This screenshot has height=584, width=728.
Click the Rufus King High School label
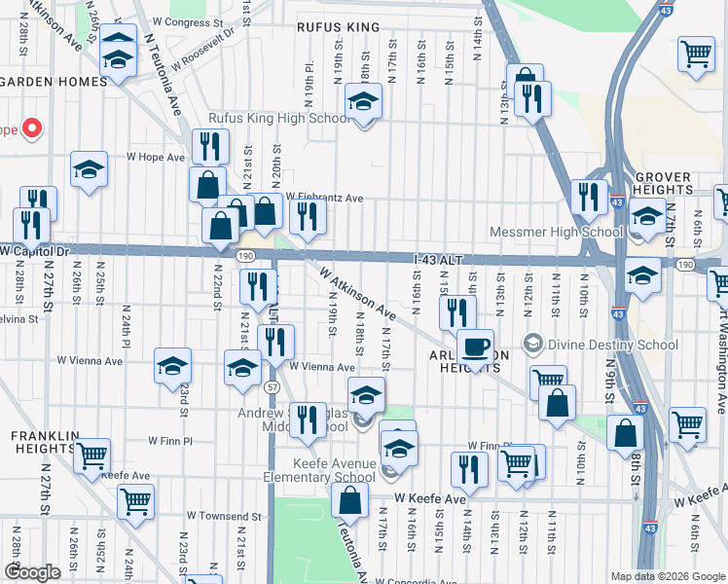click(x=277, y=119)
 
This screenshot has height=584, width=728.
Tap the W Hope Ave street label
click(x=155, y=157)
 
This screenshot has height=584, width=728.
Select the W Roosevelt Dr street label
click(x=202, y=47)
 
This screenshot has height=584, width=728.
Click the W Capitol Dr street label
click(x=37, y=251)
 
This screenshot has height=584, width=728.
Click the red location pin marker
click(x=31, y=128)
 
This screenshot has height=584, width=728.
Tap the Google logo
click(x=32, y=571)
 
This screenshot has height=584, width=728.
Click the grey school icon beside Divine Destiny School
click(x=531, y=345)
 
